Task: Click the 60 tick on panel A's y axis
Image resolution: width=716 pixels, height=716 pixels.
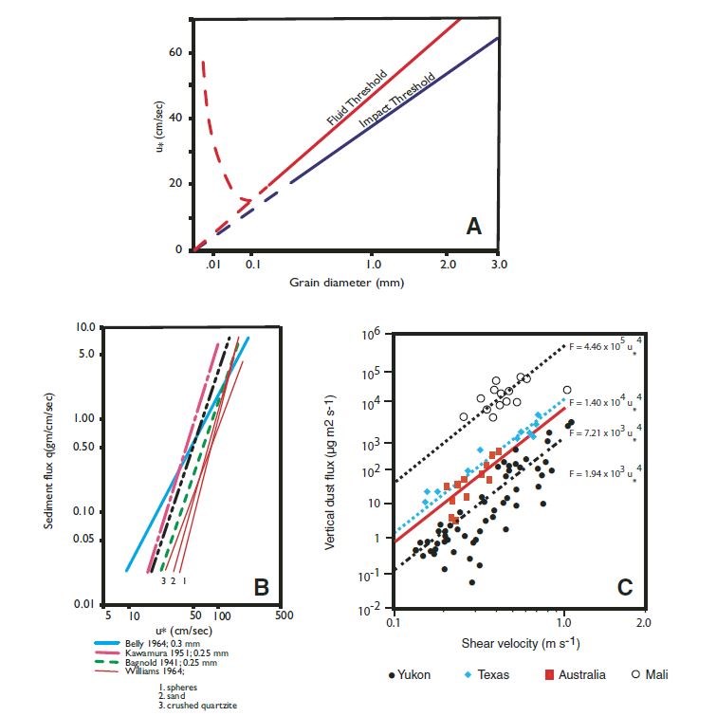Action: pos(174,53)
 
